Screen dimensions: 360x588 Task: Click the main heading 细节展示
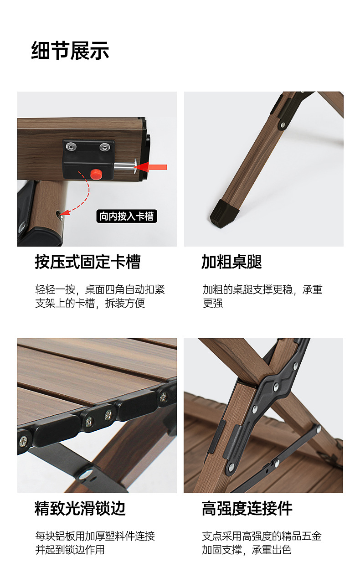coord(70,51)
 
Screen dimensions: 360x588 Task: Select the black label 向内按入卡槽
coord(127,216)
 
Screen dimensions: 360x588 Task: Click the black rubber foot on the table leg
coord(224,213)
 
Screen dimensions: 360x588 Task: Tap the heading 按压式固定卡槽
coord(88,262)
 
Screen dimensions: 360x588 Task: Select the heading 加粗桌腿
coord(231,262)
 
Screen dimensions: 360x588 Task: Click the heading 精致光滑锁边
coord(80,509)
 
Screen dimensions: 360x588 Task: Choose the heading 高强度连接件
coord(247,509)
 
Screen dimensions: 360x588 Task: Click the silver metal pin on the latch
coord(126,166)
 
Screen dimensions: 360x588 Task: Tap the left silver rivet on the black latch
coord(71,146)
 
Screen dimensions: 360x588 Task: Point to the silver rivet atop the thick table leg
coord(283,125)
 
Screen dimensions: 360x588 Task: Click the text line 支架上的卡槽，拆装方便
coord(90,303)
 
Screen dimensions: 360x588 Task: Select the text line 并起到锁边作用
coord(70,550)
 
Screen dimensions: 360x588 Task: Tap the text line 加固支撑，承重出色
coord(247,550)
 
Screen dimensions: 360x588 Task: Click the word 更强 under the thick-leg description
coord(213,303)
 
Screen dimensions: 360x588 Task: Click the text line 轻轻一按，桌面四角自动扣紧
coord(100,289)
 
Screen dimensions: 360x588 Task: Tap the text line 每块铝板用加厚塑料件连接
coord(95,536)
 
